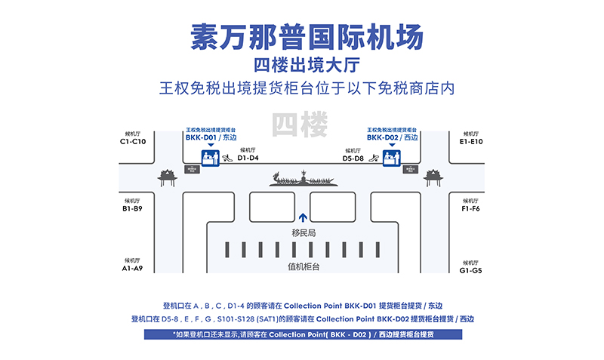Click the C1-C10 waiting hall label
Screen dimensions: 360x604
click(x=133, y=141)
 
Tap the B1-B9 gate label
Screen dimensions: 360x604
click(x=133, y=208)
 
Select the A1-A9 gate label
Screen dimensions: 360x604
click(x=133, y=269)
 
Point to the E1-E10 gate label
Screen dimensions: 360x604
click(x=471, y=141)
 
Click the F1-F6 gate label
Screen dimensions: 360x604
click(x=471, y=208)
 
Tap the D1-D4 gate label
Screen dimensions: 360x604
click(x=248, y=158)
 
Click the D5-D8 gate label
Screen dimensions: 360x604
click(x=353, y=158)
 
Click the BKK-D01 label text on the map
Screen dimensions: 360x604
click(x=202, y=138)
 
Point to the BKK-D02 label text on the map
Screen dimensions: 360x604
click(x=383, y=138)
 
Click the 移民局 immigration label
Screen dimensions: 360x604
click(x=303, y=233)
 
